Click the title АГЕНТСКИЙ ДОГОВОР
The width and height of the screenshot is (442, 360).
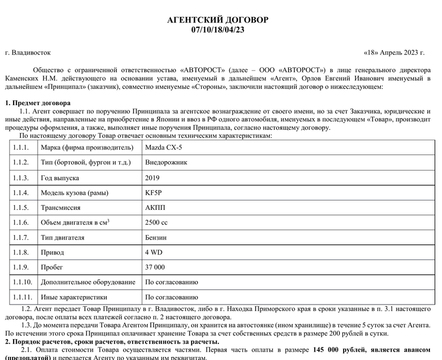217,20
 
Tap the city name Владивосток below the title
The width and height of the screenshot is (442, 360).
31,53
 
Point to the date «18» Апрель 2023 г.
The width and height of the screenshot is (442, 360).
394,53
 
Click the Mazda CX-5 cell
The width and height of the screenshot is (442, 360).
163,148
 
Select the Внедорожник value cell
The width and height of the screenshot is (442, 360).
166,163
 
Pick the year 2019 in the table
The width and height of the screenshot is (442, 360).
153,178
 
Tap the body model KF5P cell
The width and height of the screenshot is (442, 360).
153,193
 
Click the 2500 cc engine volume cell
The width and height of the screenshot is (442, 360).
157,222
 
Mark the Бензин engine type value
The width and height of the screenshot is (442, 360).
156,238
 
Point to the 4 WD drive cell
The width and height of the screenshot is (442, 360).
154,252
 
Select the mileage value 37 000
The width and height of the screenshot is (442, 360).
155,267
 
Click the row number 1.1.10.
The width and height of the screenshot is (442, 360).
23,282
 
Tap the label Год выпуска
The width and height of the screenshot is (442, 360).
60,178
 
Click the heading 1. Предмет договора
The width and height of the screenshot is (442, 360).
37,103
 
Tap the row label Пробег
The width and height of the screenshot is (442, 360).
52,267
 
